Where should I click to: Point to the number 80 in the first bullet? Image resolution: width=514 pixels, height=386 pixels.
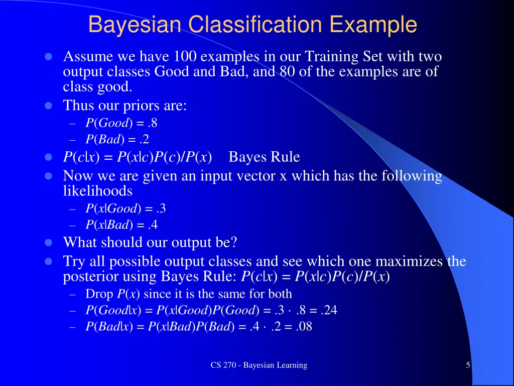pos(288,72)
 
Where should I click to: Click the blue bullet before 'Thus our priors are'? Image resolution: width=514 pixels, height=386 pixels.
pos(49,106)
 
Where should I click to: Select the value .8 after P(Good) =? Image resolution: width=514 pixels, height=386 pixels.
pos(153,123)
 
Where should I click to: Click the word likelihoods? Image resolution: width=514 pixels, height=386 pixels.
pos(97,191)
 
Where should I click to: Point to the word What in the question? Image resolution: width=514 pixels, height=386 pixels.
pos(80,243)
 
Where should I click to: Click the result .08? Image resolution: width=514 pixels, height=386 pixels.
pos(304,327)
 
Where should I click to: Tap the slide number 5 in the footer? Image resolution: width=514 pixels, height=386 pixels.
pos(468,365)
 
